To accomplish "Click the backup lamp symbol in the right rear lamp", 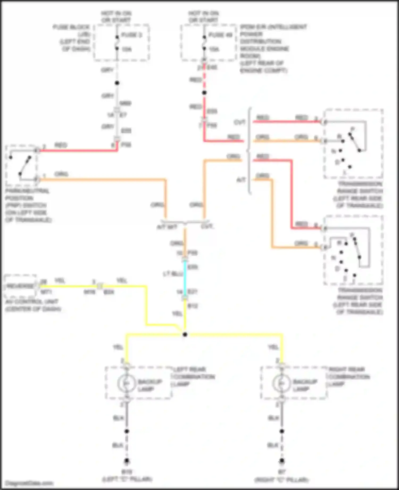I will coord(281,383).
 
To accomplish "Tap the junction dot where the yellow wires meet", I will coord(185,334).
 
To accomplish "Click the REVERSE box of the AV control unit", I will coord(20,286).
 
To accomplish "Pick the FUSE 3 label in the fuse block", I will coord(131,35).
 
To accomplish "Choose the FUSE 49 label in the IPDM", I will coord(221,35).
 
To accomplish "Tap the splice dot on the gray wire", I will coord(117,83).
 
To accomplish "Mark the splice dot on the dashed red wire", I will coord(204,93).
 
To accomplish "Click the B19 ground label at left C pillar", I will coord(127,472).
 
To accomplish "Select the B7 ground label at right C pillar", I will coord(282,472).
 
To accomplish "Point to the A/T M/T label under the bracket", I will coord(167,227).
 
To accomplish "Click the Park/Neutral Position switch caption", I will coord(28,205).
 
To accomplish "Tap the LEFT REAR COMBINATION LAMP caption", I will coord(194,377).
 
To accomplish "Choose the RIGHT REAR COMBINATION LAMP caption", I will coord(349,377).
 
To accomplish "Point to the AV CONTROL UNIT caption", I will coord(33,305).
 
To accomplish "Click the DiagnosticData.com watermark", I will coord(29,483).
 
